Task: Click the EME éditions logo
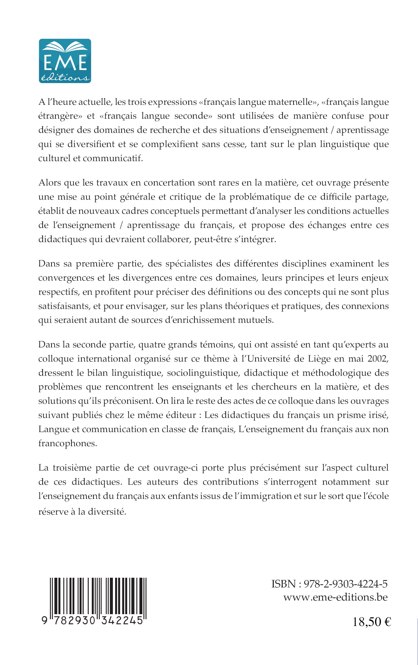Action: pyautogui.click(x=65, y=61)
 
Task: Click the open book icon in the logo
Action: pyautogui.click(x=65, y=47)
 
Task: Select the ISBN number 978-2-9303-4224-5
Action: pyautogui.click(x=345, y=584)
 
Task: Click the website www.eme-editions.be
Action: pyautogui.click(x=335, y=597)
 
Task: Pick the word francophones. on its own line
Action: pyautogui.click(x=68, y=443)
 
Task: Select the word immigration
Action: pyautogui.click(x=265, y=496)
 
